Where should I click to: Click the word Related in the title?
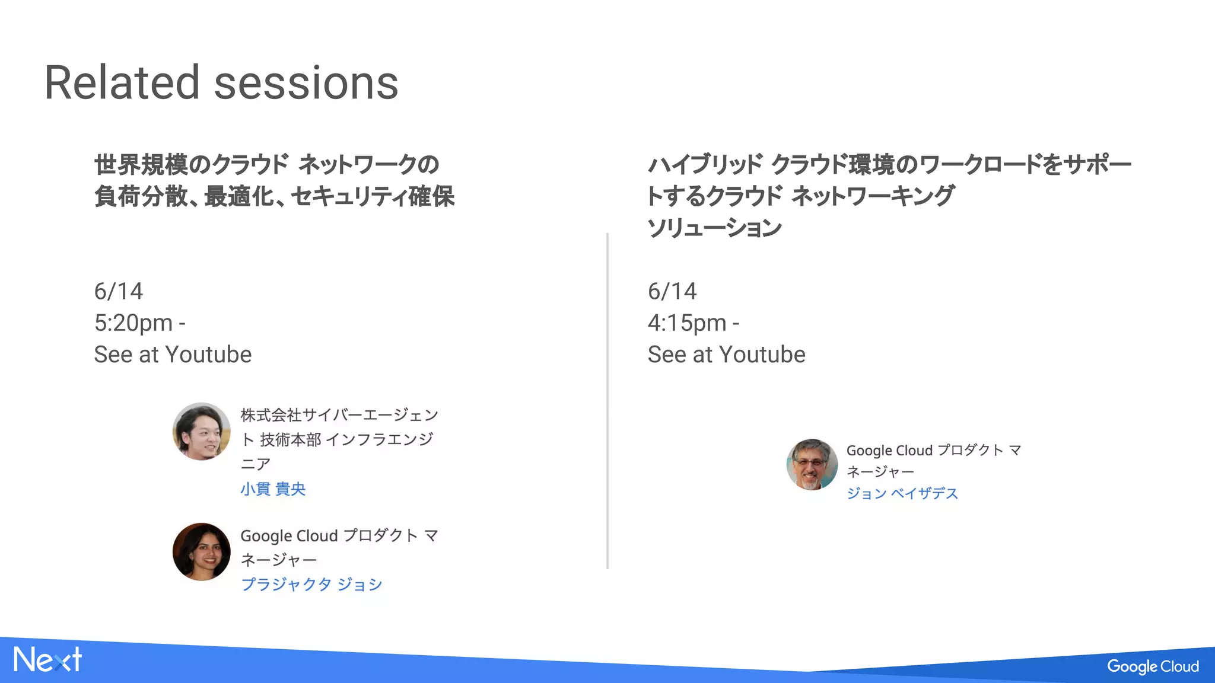(122, 83)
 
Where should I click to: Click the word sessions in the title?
(306, 83)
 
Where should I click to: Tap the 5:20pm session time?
(133, 323)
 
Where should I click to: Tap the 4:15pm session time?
(687, 323)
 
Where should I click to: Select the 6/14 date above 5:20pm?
(119, 291)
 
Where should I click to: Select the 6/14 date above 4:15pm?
(672, 291)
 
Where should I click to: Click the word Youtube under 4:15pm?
(762, 355)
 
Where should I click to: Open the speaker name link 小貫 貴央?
(273, 489)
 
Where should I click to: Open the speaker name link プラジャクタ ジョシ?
(311, 585)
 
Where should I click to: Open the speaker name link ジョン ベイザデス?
(902, 493)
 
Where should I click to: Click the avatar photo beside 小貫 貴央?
(201, 432)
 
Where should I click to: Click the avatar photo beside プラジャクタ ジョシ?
(201, 551)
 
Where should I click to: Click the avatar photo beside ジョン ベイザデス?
(812, 465)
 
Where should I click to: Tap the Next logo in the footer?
(47, 660)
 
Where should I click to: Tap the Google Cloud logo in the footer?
(1153, 666)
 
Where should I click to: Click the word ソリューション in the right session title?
(714, 228)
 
